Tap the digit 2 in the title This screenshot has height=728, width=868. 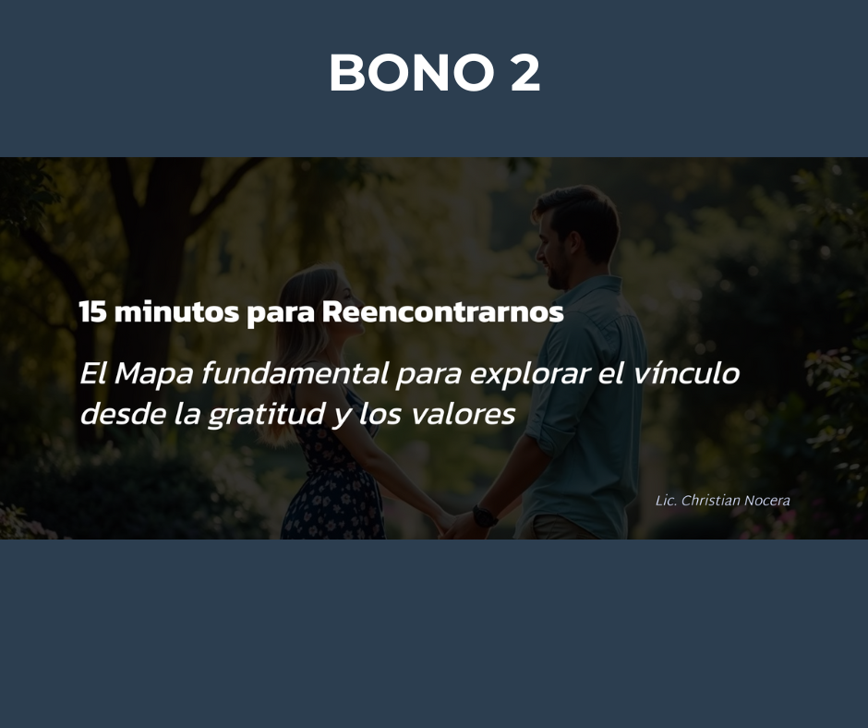coord(524,72)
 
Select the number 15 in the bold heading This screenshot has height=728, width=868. coord(92,312)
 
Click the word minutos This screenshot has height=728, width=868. coord(176,312)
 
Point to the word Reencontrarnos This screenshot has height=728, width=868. coord(443,312)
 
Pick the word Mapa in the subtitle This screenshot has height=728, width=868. coord(153,374)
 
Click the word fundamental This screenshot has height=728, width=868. coord(295,373)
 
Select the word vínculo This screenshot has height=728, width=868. coord(686,373)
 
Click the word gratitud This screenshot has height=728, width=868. coord(266,415)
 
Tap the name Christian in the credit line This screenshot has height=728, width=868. coord(710,501)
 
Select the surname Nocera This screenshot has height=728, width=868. coord(766,501)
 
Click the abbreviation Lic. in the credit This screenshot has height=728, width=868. coord(666,501)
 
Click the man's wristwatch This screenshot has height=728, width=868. coord(485,516)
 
